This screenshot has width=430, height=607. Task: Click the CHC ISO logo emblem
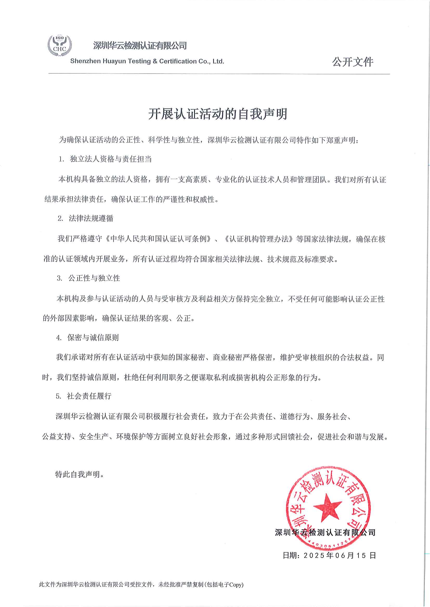60,45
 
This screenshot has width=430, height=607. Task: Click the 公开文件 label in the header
353,62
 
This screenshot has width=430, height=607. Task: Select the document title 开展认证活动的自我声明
217,114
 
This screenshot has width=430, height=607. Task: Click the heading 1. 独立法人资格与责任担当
105,159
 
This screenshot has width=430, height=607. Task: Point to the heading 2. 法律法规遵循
86,218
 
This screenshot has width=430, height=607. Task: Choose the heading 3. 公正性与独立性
88,278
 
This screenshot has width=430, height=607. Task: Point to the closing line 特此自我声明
80,474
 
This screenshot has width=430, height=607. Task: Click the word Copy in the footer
236,584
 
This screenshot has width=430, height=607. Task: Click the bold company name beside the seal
325,533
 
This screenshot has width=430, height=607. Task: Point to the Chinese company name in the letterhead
140,46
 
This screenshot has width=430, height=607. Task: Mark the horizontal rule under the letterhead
219,74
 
